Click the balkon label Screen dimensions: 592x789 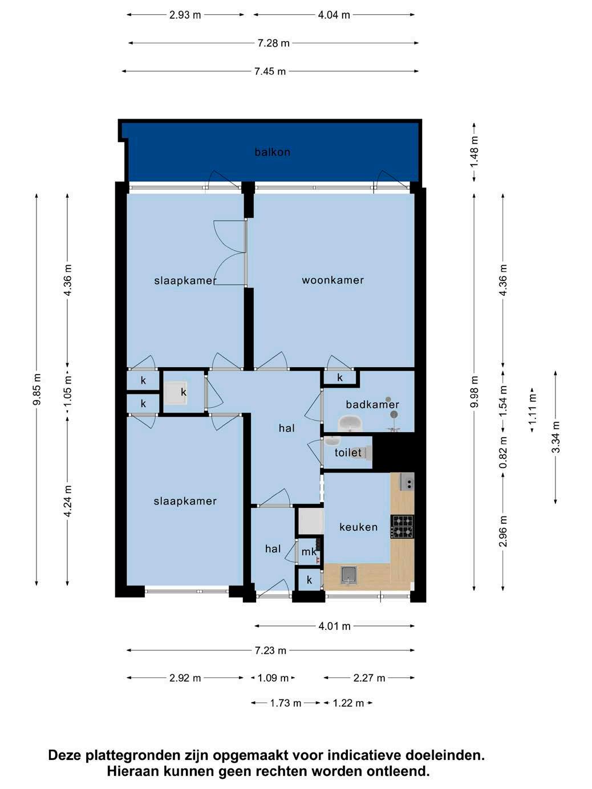point(272,152)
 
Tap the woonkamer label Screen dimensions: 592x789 point(333,280)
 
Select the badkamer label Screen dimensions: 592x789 point(372,404)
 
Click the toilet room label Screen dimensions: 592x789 point(348,452)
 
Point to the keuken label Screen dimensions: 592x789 point(358,527)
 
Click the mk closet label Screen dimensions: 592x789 point(309,551)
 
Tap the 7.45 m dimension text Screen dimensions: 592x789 point(270,71)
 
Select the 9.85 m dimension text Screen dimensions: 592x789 point(37,389)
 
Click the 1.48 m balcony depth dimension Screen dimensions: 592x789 point(475,151)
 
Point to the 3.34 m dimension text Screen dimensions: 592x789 point(555,437)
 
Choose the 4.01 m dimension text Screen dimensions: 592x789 point(334,626)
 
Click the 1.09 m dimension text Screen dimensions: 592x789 point(273,678)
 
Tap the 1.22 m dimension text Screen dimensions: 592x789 point(348,703)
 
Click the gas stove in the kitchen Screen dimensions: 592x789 point(402,527)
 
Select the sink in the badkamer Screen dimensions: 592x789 point(350,423)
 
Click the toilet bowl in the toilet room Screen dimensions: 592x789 point(367,452)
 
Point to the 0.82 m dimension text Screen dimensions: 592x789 point(503,452)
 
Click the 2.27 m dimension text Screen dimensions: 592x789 point(369,678)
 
